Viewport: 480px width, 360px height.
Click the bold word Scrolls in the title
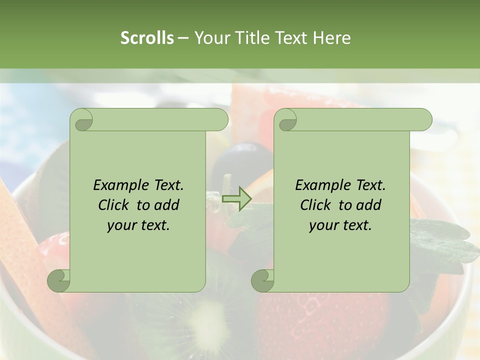coord(147,38)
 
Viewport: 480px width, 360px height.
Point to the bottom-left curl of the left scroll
coord(58,280)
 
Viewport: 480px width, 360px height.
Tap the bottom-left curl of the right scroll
coord(262,280)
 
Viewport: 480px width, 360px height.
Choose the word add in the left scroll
coord(167,205)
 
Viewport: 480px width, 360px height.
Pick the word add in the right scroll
coord(369,205)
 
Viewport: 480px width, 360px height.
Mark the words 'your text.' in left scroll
coord(138,225)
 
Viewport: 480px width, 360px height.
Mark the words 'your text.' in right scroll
coord(340,225)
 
